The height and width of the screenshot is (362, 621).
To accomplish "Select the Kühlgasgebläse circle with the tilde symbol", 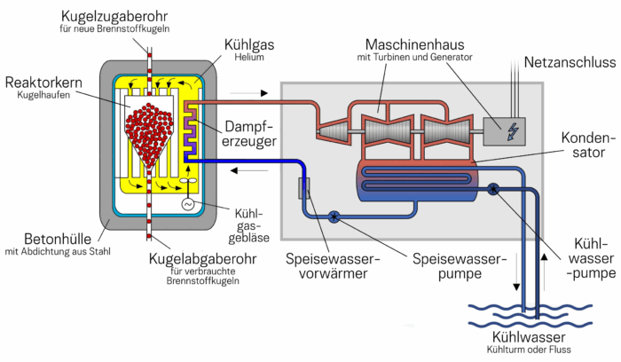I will point(188,203).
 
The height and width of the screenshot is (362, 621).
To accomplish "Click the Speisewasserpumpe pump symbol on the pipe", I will point(334,216).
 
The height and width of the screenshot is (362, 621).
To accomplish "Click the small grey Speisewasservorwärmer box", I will point(304,188).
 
